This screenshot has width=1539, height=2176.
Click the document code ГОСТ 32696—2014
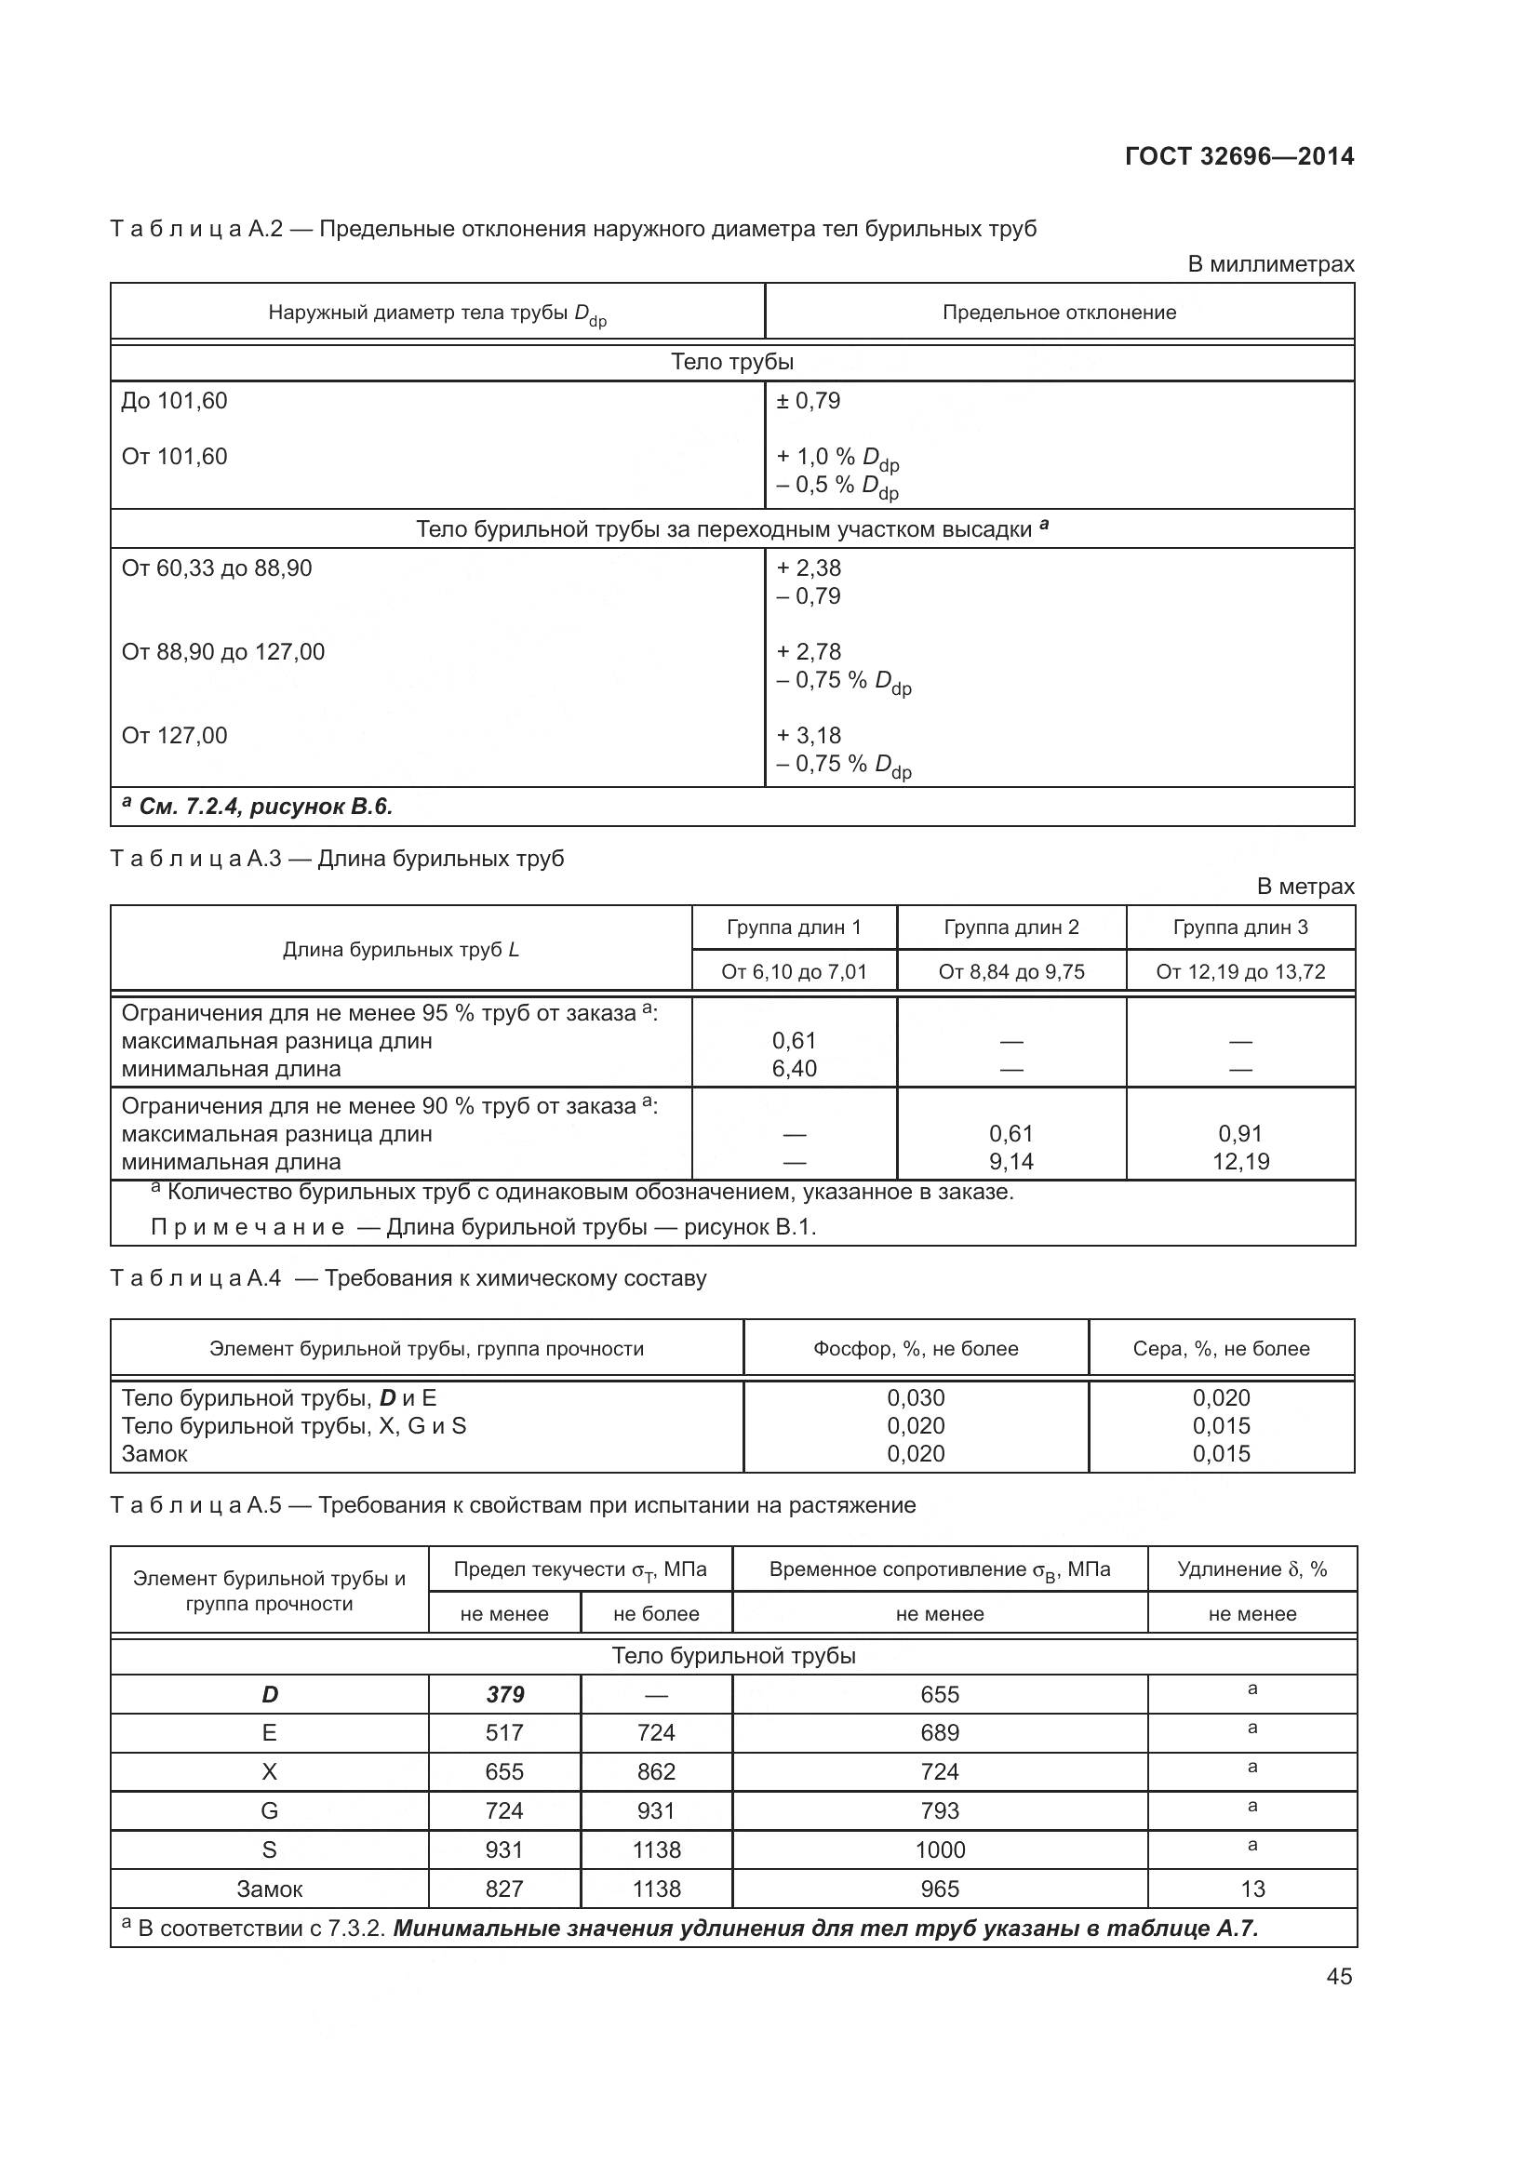(x=1238, y=156)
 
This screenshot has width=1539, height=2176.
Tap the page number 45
(x=1339, y=1976)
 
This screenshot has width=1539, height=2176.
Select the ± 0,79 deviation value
(x=809, y=401)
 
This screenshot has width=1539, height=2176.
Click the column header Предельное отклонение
(x=1059, y=313)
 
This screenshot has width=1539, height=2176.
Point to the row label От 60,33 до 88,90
(x=216, y=568)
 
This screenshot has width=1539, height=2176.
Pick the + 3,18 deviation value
(x=809, y=736)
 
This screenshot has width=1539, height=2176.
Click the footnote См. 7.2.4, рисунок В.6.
(x=258, y=807)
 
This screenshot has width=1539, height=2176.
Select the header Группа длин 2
(x=1011, y=928)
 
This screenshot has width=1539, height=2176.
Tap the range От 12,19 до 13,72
(x=1239, y=971)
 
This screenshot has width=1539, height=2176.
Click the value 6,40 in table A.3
(x=794, y=1069)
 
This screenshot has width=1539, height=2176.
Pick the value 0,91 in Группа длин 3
(x=1239, y=1134)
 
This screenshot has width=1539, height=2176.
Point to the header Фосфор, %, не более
(x=916, y=1349)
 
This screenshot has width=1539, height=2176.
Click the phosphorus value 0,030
(x=916, y=1398)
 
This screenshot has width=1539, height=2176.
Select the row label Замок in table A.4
(x=154, y=1454)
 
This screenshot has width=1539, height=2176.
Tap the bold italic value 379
(x=504, y=1694)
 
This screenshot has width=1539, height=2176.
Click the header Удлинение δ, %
(x=1251, y=1569)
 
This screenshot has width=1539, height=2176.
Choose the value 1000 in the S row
(x=939, y=1850)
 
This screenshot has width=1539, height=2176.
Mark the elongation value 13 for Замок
(x=1251, y=1889)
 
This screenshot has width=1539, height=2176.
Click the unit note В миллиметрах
(x=1270, y=264)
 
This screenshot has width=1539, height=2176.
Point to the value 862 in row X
(x=656, y=1772)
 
